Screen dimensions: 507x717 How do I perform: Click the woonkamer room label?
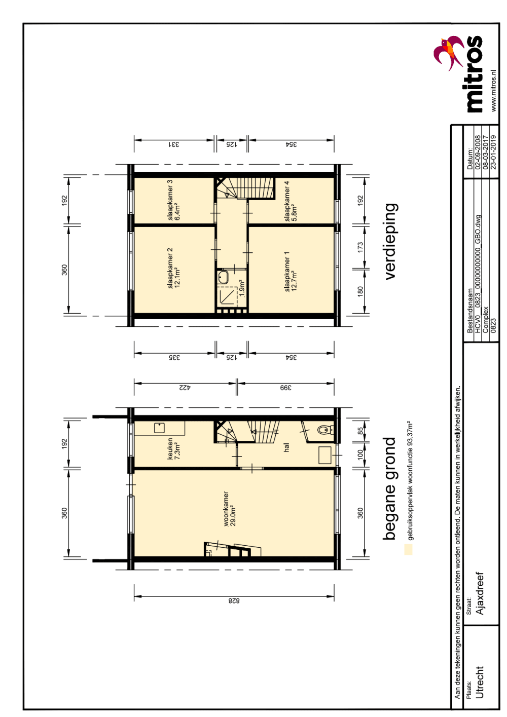(x=226, y=509)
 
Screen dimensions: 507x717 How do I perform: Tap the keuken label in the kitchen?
(x=170, y=449)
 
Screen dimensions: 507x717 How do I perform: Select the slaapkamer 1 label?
(x=287, y=272)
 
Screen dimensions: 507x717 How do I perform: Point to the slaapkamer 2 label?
(x=170, y=268)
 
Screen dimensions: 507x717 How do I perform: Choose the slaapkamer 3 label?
(x=170, y=200)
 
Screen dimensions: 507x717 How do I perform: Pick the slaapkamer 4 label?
(x=287, y=201)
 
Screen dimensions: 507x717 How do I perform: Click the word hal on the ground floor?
(x=286, y=447)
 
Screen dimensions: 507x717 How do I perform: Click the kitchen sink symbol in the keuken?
(x=159, y=428)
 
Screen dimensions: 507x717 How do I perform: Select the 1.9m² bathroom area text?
(x=242, y=287)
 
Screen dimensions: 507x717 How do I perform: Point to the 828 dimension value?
(x=234, y=601)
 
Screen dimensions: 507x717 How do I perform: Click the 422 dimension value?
(x=185, y=388)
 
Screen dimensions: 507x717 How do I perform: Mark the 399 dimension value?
(x=285, y=388)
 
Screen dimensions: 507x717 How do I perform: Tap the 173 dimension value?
(x=360, y=247)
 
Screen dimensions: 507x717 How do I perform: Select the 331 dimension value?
(x=173, y=144)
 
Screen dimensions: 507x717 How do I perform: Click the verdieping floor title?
(x=390, y=242)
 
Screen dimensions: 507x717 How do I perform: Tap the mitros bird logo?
(x=448, y=53)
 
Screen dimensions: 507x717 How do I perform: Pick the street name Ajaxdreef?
(x=480, y=593)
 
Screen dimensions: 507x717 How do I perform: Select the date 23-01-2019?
(x=493, y=152)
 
